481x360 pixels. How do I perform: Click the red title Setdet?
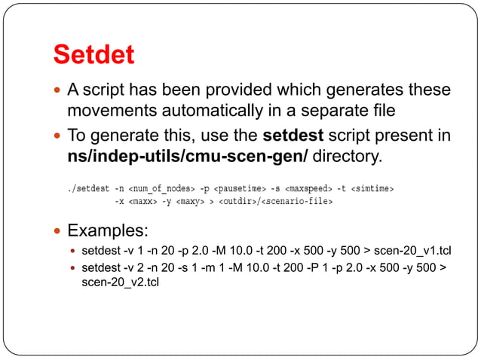(93, 55)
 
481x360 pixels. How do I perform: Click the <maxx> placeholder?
(144, 201)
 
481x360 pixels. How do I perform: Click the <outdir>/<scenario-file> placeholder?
(276, 201)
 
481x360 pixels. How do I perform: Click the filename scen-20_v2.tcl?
(120, 282)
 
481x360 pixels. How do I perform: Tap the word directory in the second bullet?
(346, 157)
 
